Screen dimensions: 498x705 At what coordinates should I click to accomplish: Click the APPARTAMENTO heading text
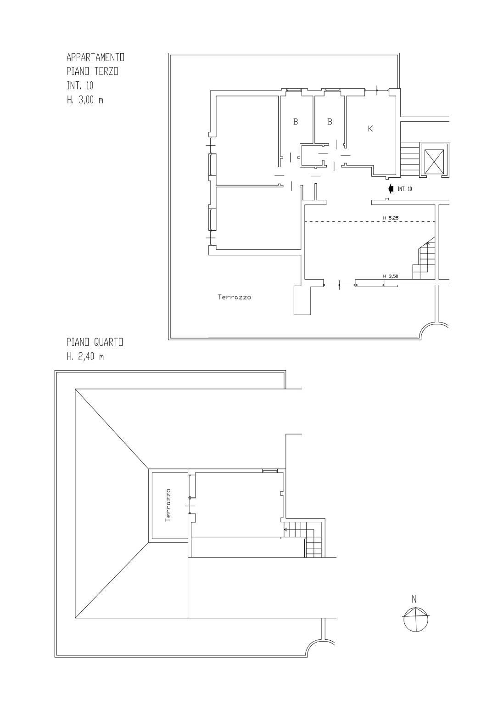coord(95,57)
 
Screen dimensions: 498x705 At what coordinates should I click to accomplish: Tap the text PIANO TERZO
coord(92,72)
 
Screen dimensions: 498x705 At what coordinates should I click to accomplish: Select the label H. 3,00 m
coord(85,100)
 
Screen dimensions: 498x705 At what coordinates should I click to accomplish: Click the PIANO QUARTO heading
coord(95,342)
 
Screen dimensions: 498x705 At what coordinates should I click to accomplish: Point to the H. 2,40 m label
coord(85,356)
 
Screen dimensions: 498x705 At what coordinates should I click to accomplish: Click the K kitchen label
coord(370,129)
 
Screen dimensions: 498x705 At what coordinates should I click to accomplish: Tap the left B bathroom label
coord(296,122)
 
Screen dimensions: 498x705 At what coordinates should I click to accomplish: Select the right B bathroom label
coord(330,122)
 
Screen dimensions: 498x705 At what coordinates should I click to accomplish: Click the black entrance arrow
coord(391,188)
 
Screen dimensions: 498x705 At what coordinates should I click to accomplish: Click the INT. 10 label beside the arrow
coord(405,189)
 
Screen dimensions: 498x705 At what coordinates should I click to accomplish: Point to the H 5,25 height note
coord(391,218)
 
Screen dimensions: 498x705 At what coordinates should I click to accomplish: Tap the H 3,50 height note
coord(391,276)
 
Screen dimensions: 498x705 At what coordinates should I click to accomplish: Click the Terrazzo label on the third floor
coord(235,297)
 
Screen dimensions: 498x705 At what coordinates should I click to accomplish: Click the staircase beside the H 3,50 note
coord(424,258)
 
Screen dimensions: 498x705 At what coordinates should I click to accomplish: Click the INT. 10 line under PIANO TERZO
coord(80,85)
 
